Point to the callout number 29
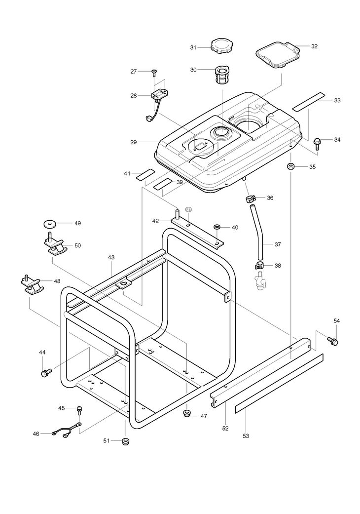point(133,142)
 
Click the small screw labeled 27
point(154,73)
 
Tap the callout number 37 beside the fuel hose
point(278,244)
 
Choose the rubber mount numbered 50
point(53,246)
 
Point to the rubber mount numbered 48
point(31,284)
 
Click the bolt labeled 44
point(46,372)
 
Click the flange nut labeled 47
point(187,412)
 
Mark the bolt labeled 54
point(333,340)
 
